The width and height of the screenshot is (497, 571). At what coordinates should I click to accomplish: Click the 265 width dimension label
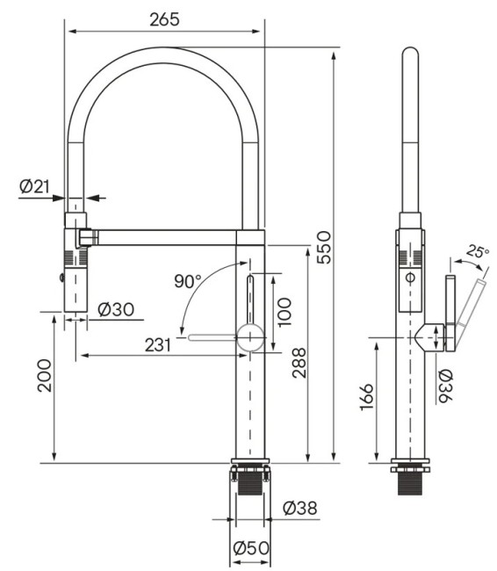pyautogui.click(x=164, y=19)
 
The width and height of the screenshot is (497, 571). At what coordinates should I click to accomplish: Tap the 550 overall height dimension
pyautogui.click(x=324, y=247)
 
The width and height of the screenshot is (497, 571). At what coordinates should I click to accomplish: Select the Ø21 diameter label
pyautogui.click(x=34, y=186)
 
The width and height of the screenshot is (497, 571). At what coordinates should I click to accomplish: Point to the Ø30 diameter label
pyautogui.click(x=116, y=309)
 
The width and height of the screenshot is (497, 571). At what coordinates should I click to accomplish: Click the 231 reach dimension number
pyautogui.click(x=158, y=344)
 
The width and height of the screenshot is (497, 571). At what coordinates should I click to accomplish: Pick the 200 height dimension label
pyautogui.click(x=45, y=375)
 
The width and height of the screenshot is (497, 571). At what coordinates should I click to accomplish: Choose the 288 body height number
pyautogui.click(x=299, y=363)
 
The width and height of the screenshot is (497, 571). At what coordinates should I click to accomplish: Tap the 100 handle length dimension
pyautogui.click(x=284, y=313)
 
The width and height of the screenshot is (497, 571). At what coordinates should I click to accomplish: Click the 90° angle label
pyautogui.click(x=188, y=281)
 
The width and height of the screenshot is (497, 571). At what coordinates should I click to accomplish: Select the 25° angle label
pyautogui.click(x=478, y=251)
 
